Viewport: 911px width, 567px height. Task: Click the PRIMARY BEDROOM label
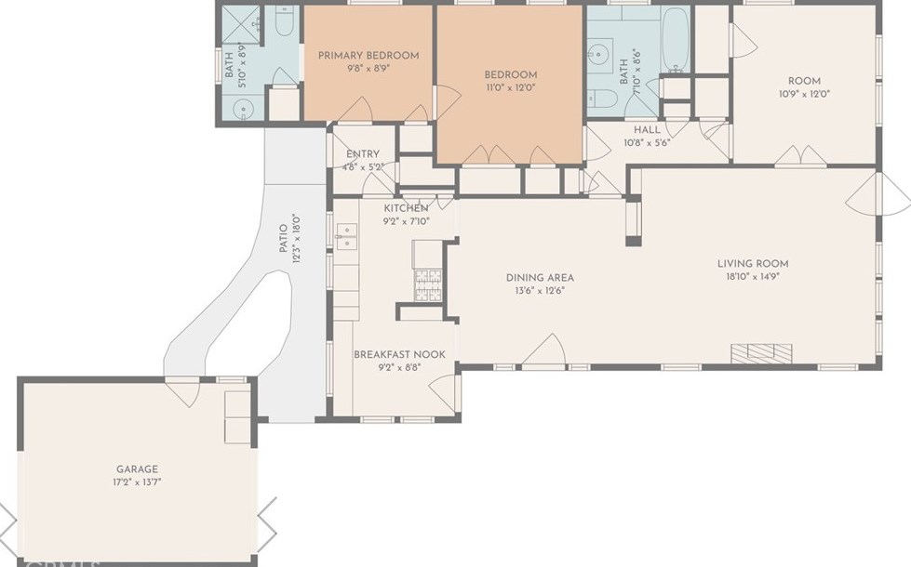pyautogui.click(x=368, y=56)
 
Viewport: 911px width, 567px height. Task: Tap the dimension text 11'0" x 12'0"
pyautogui.click(x=510, y=88)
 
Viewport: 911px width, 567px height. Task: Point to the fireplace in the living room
pyautogui.click(x=760, y=352)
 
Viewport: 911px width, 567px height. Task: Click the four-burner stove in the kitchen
pyautogui.click(x=428, y=283)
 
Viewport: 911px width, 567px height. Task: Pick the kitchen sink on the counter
pyautogui.click(x=346, y=237)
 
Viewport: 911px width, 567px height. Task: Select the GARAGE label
pyautogui.click(x=137, y=469)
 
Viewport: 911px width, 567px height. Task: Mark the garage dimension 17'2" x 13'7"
pyautogui.click(x=137, y=482)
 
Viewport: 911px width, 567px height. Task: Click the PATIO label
pyautogui.click(x=285, y=238)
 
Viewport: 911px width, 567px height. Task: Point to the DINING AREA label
pyautogui.click(x=540, y=277)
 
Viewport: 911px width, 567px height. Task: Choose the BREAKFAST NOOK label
pyautogui.click(x=399, y=355)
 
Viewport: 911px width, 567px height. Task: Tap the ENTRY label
pyautogui.click(x=362, y=155)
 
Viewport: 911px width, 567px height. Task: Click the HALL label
pyautogui.click(x=647, y=130)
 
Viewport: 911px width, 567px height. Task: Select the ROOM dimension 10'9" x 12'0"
pyautogui.click(x=804, y=94)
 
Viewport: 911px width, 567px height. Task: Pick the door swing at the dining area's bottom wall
pyautogui.click(x=546, y=351)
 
